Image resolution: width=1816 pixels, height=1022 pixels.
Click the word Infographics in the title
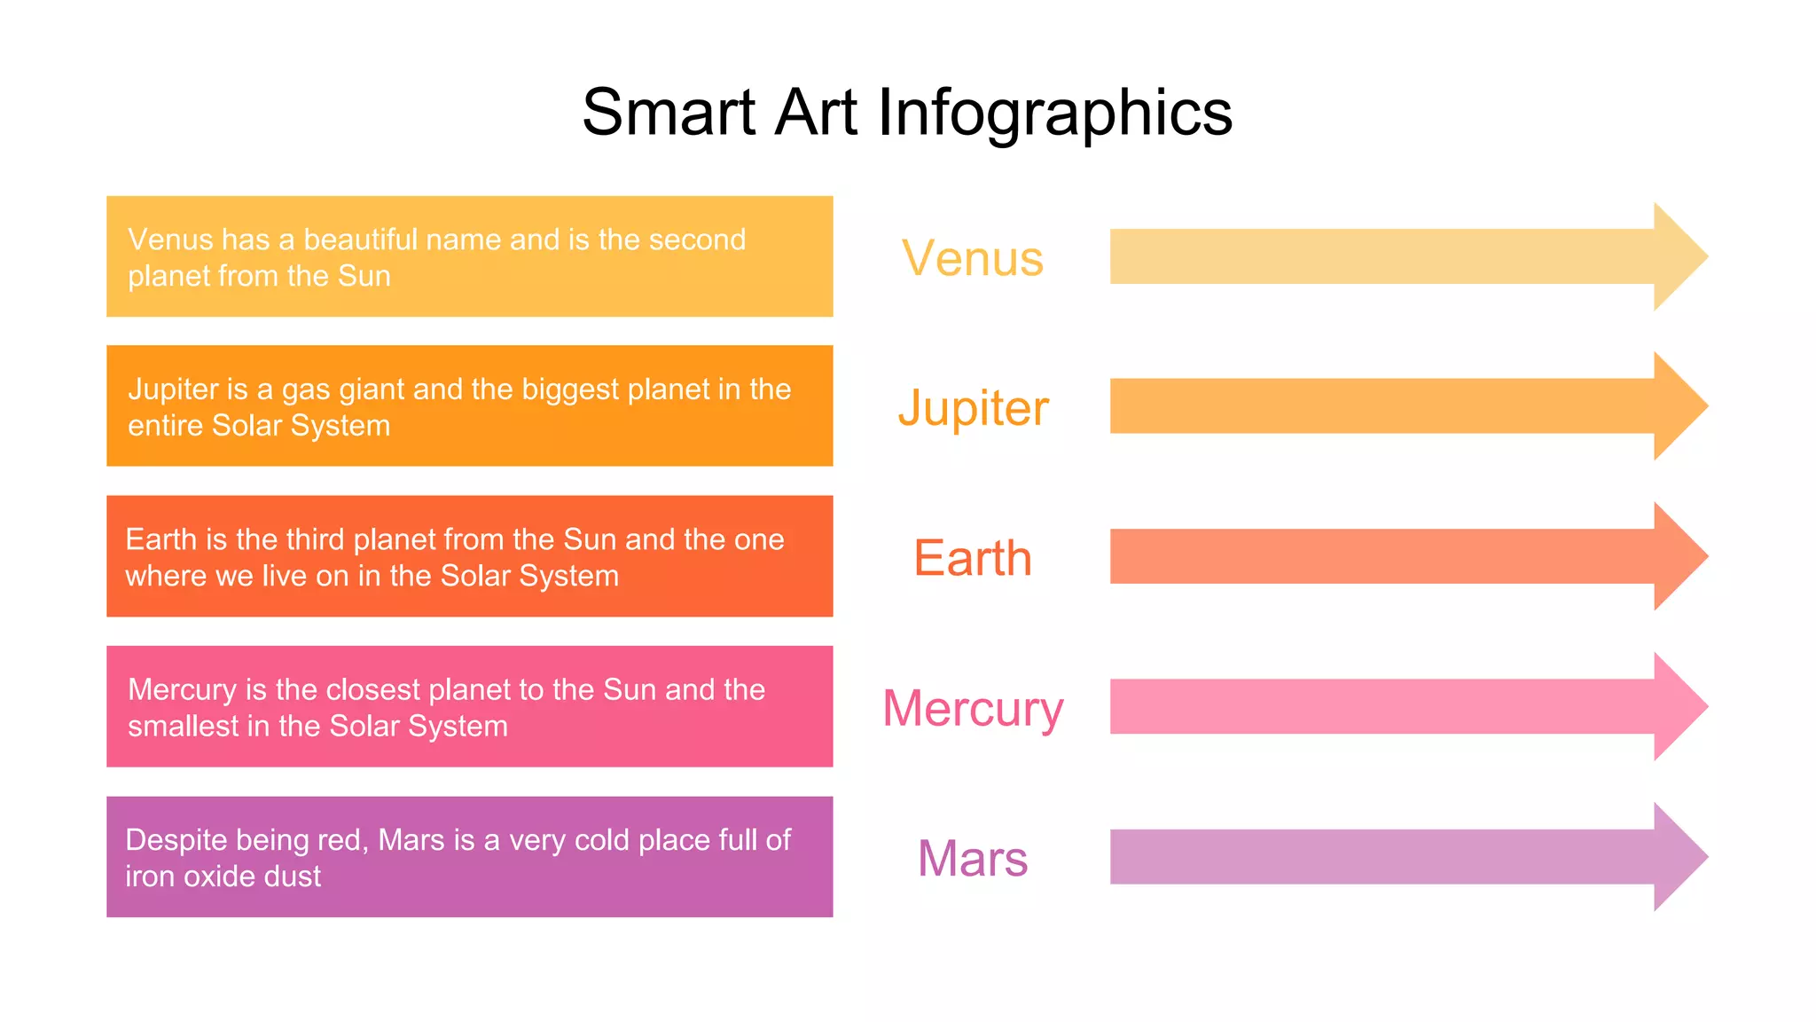coord(1055,114)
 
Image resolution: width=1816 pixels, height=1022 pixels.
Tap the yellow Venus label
coord(973,258)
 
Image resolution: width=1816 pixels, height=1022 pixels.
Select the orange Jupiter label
coord(973,408)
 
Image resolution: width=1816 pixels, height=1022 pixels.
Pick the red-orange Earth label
coord(973,558)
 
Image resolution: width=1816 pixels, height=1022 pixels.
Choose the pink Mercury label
coord(973,708)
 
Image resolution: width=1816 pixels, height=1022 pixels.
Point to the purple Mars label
coord(973,858)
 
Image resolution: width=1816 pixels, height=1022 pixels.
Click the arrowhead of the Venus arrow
coord(1678,256)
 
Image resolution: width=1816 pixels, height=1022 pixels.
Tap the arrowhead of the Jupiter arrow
coord(1678,406)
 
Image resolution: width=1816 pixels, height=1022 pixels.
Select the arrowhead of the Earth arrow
coord(1678,556)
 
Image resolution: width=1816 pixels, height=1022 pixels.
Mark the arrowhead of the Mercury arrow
coord(1678,706)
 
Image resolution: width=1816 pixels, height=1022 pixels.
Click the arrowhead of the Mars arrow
coord(1678,857)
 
